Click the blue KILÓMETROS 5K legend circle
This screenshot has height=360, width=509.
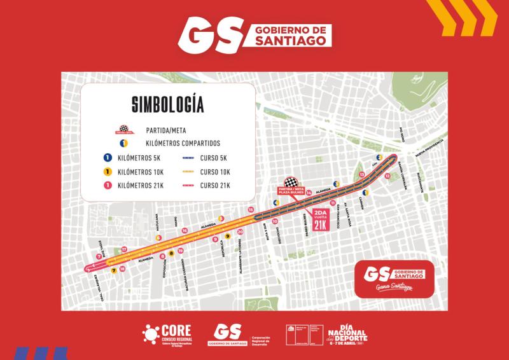(108, 157)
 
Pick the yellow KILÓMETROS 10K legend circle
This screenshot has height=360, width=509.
(108, 171)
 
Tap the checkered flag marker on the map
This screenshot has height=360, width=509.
(291, 183)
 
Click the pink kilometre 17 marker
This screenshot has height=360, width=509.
(124, 249)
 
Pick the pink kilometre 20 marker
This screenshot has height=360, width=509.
(240, 232)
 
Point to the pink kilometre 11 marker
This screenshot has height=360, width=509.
(333, 202)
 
